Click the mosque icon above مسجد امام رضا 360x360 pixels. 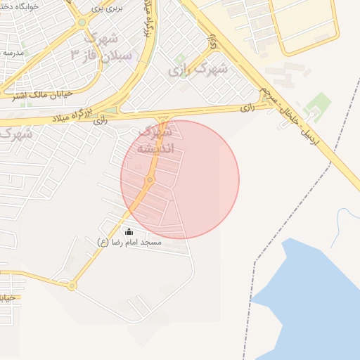point(129,231)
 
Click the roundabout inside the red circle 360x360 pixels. point(150,181)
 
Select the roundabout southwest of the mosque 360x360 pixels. point(71,285)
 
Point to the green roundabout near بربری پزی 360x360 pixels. point(82,22)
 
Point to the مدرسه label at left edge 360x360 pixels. point(13,53)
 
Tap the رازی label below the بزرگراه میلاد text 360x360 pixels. point(101,121)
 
